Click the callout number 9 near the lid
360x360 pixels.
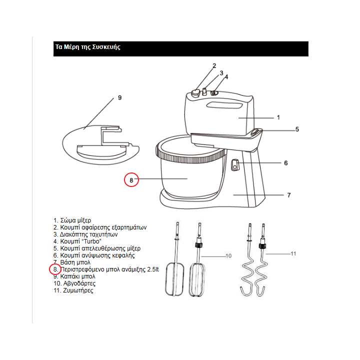click(x=119, y=98)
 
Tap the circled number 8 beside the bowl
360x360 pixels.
click(x=131, y=180)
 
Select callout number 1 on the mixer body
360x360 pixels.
click(x=278, y=117)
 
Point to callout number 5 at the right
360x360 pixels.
click(x=297, y=129)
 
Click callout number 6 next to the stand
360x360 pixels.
click(x=286, y=163)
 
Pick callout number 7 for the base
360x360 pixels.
click(x=289, y=195)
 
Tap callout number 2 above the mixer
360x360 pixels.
click(x=214, y=66)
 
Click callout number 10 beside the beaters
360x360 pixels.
click(x=228, y=256)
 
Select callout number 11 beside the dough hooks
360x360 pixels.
click(x=293, y=253)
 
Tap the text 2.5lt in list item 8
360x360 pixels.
click(x=153, y=269)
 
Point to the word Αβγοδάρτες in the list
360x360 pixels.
click(x=79, y=283)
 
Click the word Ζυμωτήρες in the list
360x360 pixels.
click(x=78, y=290)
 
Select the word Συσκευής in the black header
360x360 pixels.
click(x=106, y=47)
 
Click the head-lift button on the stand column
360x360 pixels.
click(x=234, y=165)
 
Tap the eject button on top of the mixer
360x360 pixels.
click(x=196, y=93)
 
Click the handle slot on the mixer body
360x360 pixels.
click(x=224, y=105)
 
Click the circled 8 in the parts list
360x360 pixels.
click(x=55, y=269)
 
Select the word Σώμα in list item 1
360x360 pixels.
click(x=67, y=220)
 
